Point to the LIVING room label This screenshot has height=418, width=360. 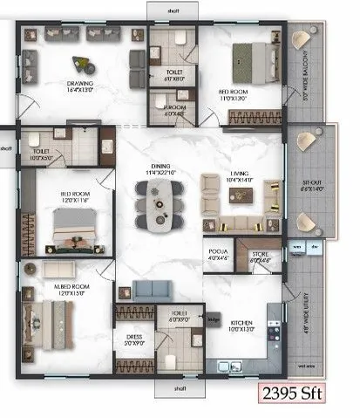click(x=239, y=175)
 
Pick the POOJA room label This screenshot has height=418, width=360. click(x=216, y=251)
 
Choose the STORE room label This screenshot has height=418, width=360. click(x=262, y=252)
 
